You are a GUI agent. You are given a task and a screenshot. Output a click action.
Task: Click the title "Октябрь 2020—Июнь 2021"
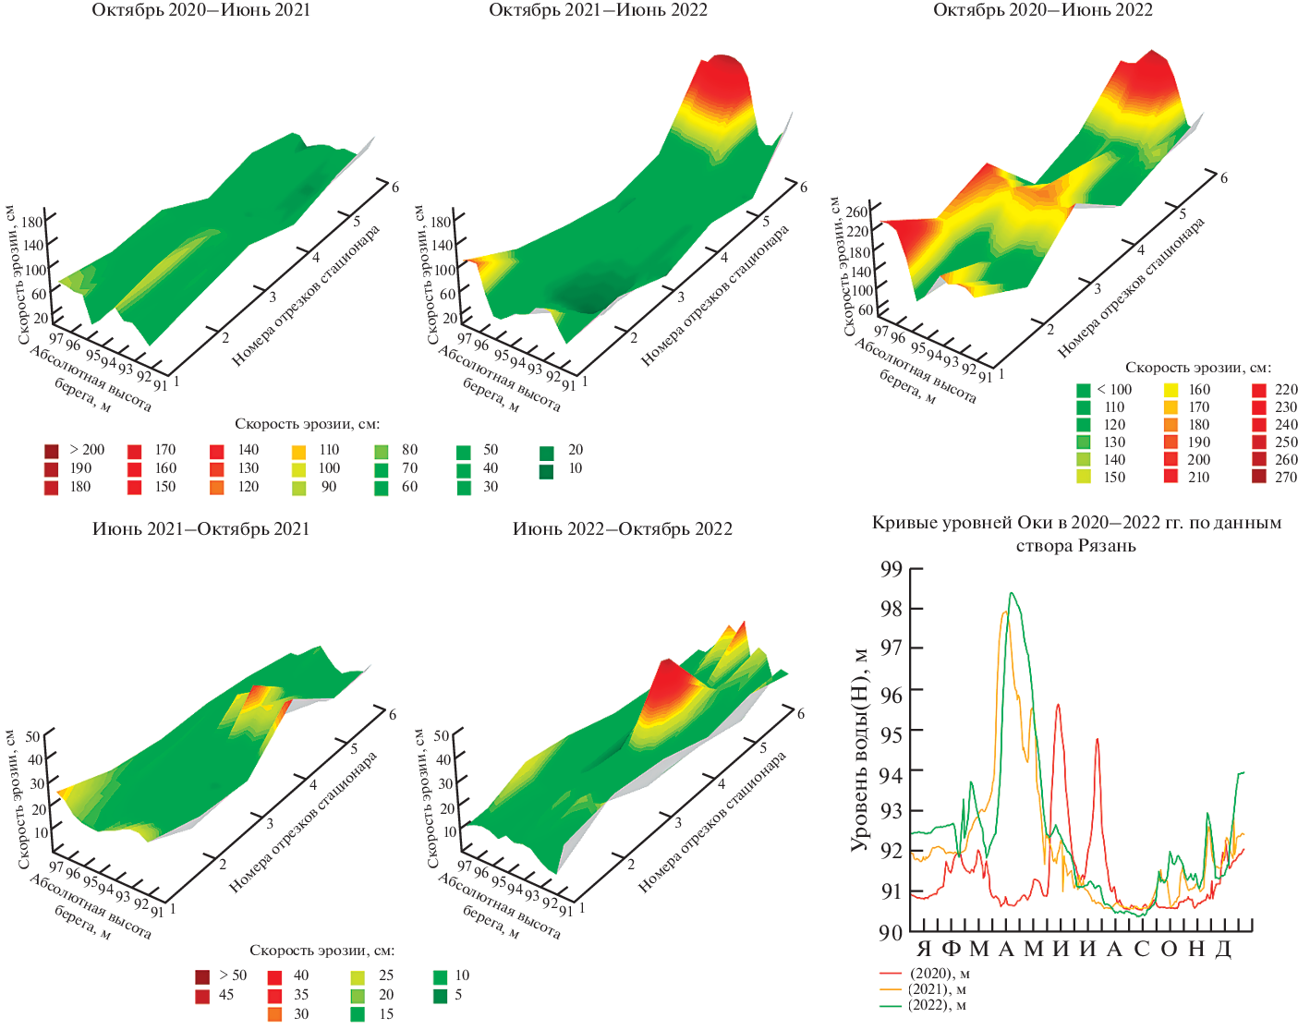point(200,10)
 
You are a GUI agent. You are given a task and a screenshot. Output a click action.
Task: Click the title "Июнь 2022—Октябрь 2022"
point(622,529)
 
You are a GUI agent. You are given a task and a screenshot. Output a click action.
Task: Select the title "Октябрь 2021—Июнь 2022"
point(598,10)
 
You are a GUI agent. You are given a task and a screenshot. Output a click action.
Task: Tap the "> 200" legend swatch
point(52,451)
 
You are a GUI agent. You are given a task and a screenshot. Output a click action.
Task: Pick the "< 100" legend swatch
point(1084,390)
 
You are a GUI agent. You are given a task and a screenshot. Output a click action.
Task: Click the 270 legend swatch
point(1259,477)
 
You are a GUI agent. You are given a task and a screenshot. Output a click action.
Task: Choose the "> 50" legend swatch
point(202,976)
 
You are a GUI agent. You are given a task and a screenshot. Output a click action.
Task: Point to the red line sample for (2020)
point(891,974)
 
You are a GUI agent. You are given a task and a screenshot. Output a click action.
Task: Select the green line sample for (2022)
point(891,1005)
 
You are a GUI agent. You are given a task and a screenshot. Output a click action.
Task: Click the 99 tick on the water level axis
point(891,568)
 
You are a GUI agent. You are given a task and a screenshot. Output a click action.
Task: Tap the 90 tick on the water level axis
point(891,932)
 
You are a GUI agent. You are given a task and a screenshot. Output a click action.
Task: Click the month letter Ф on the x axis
point(951,950)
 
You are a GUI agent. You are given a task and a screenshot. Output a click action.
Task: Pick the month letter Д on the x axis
point(1223,950)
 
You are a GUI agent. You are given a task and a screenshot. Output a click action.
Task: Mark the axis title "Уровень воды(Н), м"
point(860,748)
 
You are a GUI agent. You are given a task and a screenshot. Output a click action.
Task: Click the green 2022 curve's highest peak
point(1012,593)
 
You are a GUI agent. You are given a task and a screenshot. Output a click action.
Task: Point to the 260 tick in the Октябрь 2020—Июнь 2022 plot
point(857,212)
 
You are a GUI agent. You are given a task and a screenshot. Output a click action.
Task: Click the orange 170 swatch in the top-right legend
point(1171,407)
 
